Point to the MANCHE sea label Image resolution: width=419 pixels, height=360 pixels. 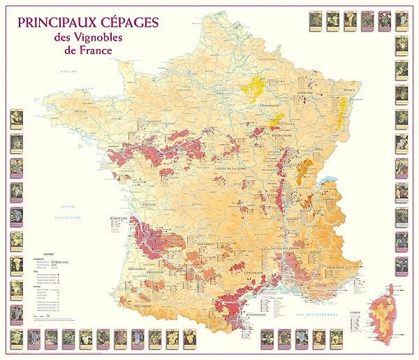point(67,73)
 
